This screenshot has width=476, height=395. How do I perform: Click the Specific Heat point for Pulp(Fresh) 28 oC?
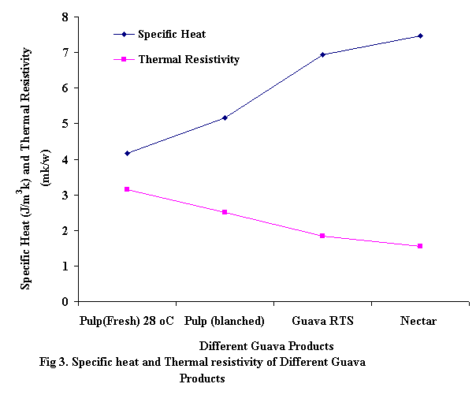(127, 153)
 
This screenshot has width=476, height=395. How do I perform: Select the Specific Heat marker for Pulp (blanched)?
(225, 117)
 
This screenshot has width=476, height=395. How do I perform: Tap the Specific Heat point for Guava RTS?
(322, 54)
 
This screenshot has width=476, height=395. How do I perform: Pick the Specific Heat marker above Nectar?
(420, 35)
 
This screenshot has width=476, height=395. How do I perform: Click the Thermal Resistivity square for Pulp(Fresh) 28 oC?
(127, 189)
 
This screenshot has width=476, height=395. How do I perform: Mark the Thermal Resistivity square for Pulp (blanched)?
(225, 212)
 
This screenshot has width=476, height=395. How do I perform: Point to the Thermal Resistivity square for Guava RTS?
(322, 236)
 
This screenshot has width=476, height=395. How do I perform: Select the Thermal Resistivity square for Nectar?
(420, 246)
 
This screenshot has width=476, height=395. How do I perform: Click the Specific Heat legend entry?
(171, 35)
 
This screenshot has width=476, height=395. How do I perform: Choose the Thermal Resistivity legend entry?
(188, 59)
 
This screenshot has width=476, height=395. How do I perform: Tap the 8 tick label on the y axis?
(65, 17)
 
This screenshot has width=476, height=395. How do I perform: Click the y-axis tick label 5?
(65, 124)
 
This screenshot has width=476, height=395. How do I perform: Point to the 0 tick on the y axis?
(65, 302)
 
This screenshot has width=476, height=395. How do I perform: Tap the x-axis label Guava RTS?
(322, 321)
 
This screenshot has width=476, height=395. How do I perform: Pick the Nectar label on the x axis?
(418, 321)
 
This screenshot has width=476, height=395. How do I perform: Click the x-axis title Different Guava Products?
(266, 346)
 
